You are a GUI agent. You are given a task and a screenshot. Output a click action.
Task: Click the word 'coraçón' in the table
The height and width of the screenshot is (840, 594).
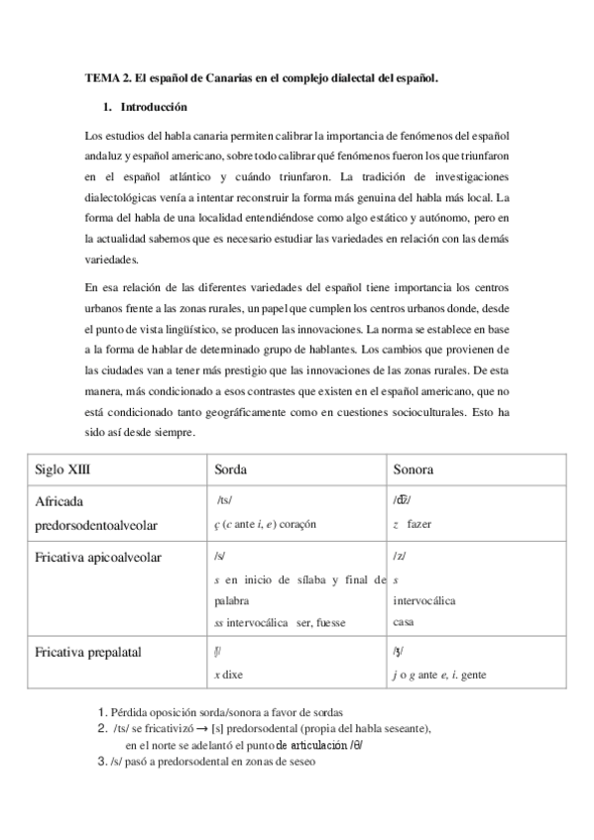[298, 523]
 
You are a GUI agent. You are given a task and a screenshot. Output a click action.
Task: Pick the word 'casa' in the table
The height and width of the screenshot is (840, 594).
[404, 622]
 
